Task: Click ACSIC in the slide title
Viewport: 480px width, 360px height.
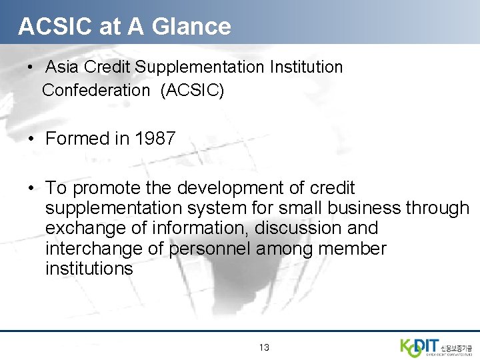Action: tap(46, 26)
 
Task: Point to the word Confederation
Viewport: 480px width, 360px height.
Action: tap(96, 90)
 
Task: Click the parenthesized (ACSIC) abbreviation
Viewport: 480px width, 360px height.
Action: tap(192, 90)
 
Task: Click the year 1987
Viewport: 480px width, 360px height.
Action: tap(155, 139)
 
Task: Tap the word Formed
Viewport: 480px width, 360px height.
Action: tap(76, 139)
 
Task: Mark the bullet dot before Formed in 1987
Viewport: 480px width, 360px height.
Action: tap(32, 139)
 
